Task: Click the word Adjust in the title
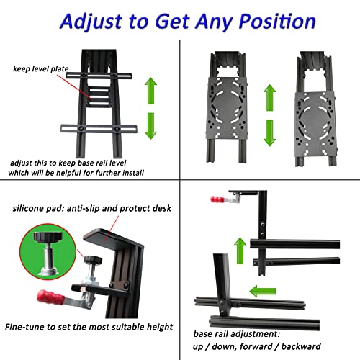92,22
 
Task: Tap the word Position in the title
277,22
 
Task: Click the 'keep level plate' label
41,69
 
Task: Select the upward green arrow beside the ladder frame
150,91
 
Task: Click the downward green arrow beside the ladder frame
150,126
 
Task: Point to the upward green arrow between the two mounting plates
270,98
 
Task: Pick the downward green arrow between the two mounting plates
270,133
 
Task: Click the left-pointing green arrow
263,291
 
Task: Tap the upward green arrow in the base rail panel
240,251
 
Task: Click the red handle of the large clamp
50,297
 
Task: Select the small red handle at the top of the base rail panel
217,199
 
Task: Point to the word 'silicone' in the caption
28,208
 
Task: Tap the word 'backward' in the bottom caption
301,346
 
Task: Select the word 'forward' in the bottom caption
256,346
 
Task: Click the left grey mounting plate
227,108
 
